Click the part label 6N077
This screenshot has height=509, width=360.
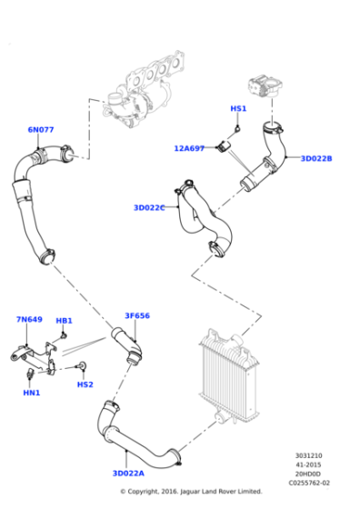(41, 130)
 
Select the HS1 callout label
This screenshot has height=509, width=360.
(238, 109)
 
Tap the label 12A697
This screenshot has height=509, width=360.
(190, 148)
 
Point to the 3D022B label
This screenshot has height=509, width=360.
(316, 158)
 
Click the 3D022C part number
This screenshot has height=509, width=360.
(149, 208)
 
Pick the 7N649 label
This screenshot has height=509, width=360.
(29, 320)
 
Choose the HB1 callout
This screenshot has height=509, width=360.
(64, 321)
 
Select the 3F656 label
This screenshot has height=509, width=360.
(137, 316)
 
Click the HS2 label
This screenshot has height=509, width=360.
(85, 384)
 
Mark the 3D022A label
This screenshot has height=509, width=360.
(128, 474)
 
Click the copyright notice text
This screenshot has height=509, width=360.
(191, 492)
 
